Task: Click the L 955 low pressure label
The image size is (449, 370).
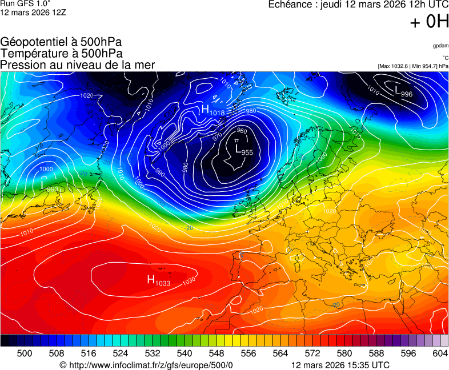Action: click(243, 149)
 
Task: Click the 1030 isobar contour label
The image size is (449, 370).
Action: click(189, 281)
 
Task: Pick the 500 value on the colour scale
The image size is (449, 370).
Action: click(25, 353)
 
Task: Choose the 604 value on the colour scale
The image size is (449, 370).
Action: click(440, 353)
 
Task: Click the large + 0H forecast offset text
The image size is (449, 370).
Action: click(429, 22)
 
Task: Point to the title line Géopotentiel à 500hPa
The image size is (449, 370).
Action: click(61, 42)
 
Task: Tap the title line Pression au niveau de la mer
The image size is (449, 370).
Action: click(78, 65)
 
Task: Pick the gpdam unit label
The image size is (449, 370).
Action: click(440, 45)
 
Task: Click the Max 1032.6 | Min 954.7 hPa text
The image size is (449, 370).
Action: click(413, 66)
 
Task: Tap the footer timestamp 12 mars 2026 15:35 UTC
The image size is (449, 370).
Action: click(340, 365)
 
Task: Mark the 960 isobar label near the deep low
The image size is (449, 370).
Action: click(242, 131)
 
